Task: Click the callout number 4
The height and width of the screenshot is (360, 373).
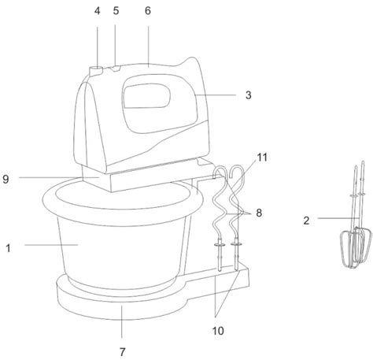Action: pyautogui.click(x=97, y=11)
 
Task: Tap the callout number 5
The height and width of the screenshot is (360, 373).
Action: pyautogui.click(x=116, y=11)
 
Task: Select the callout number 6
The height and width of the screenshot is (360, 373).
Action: pyautogui.click(x=148, y=11)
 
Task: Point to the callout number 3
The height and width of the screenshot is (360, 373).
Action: pyautogui.click(x=249, y=95)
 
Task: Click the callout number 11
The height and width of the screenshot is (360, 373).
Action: pyautogui.click(x=262, y=158)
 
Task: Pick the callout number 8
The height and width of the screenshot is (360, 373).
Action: pyautogui.click(x=259, y=213)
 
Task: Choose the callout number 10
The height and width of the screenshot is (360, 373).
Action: pyautogui.click(x=218, y=331)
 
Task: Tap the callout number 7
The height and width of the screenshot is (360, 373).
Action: pyautogui.click(x=123, y=351)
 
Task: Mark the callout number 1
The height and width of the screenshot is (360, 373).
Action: pyautogui.click(x=9, y=248)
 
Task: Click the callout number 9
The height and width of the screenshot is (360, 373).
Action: pyautogui.click(x=6, y=180)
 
